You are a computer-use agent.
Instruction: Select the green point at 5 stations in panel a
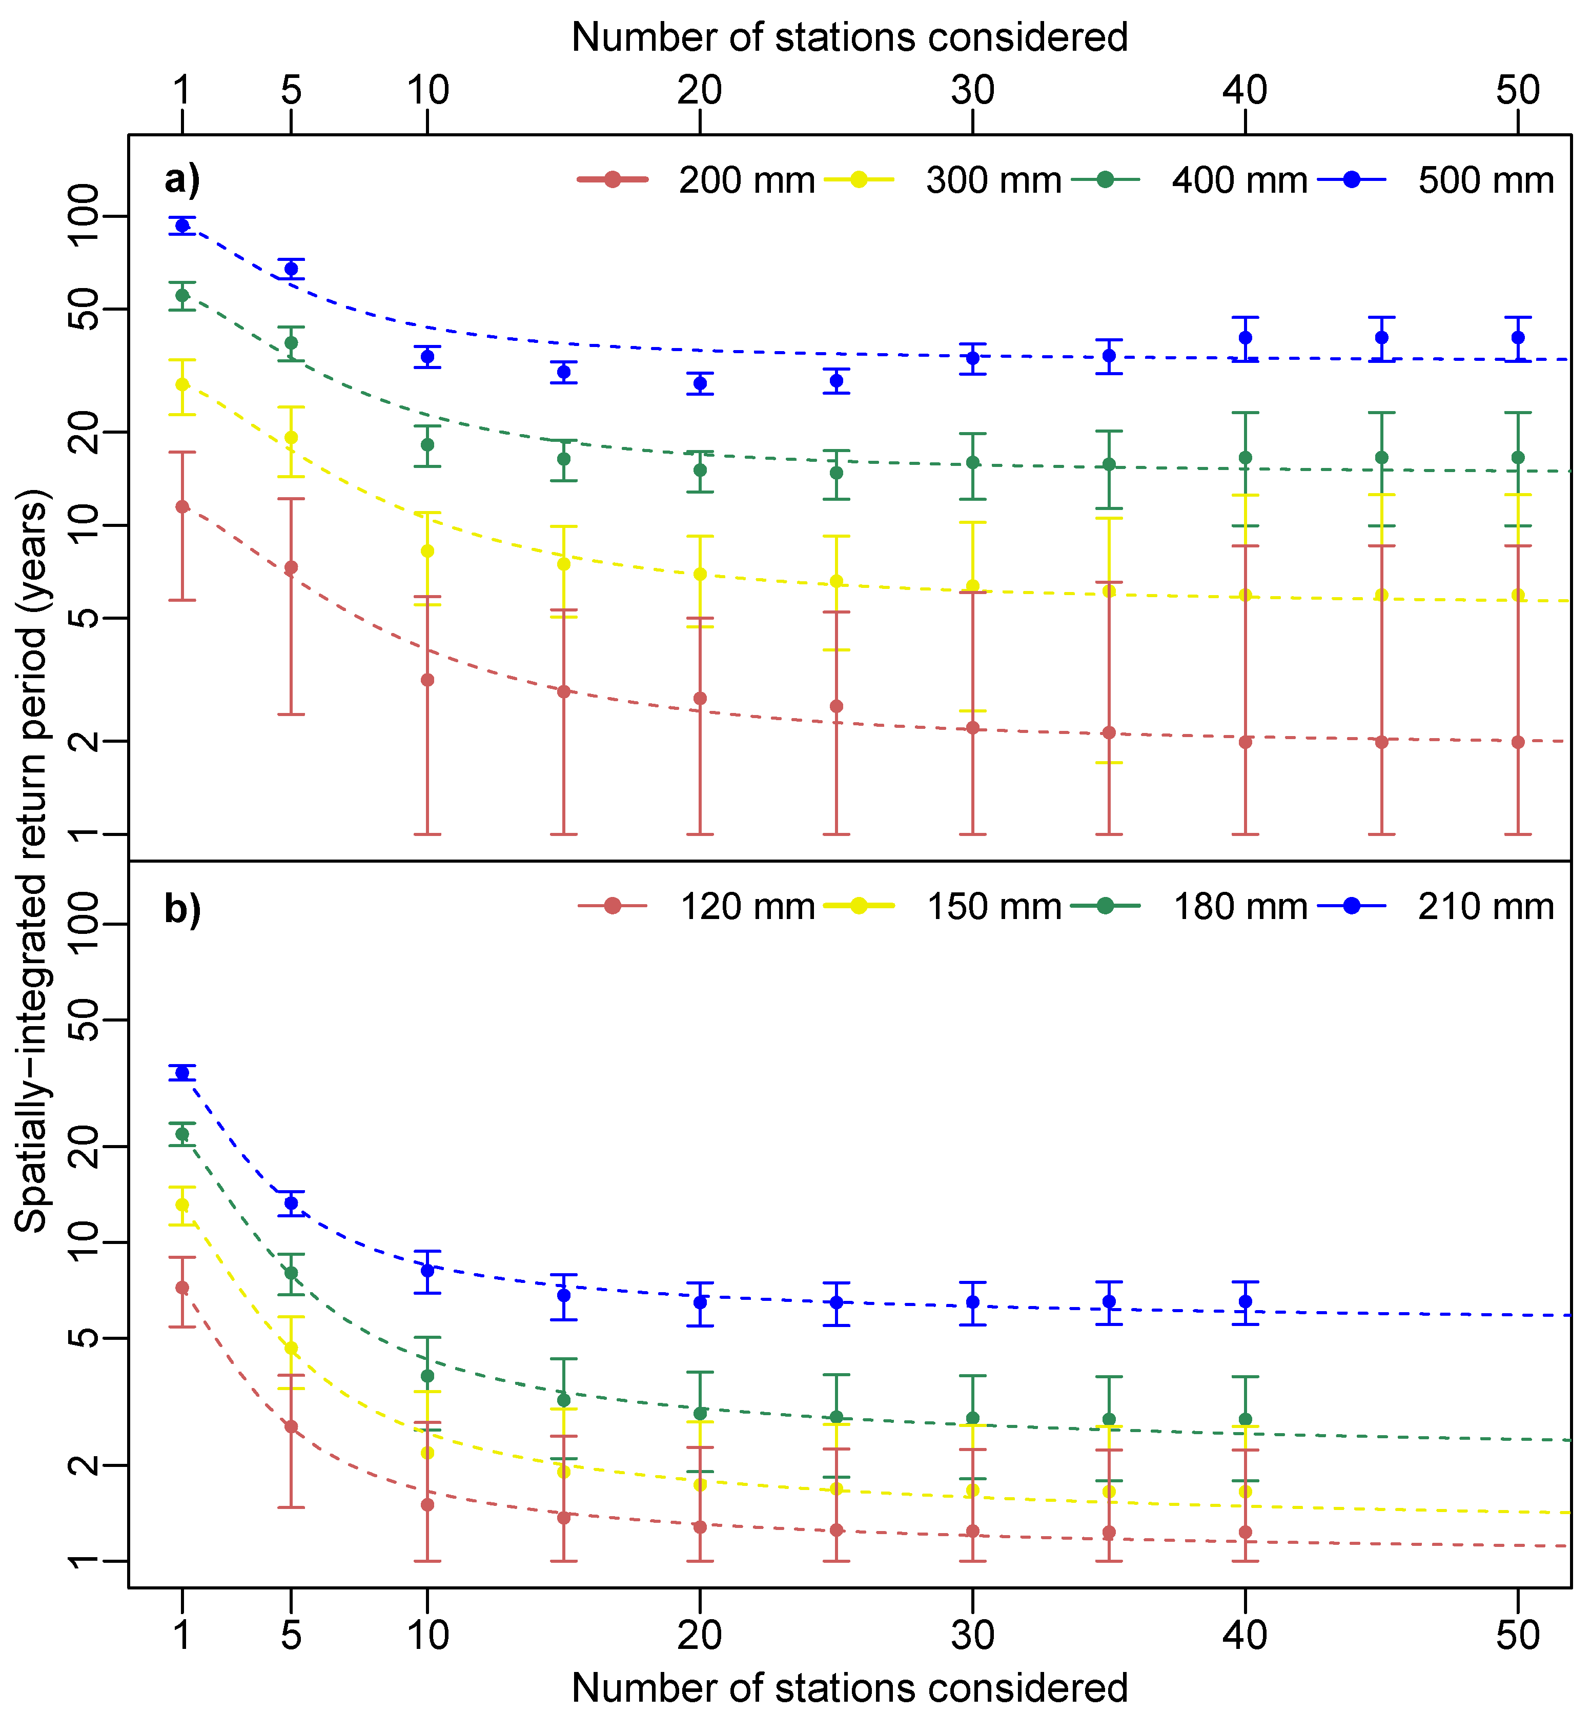pos(291,342)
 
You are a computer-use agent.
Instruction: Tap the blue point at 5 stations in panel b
pos(291,1203)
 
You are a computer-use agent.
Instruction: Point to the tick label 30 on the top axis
pos(973,90)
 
